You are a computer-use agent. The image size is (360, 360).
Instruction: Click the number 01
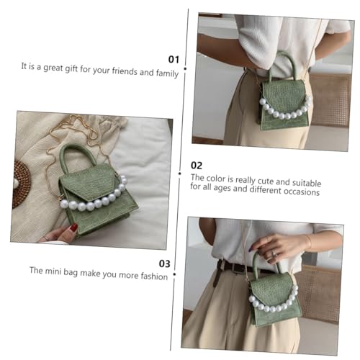(173, 59)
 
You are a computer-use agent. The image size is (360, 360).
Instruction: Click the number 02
(197, 165)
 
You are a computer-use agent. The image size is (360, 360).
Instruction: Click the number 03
(164, 264)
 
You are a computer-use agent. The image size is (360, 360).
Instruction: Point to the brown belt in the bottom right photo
(234, 267)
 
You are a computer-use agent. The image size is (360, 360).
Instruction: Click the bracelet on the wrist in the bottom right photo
(307, 240)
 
